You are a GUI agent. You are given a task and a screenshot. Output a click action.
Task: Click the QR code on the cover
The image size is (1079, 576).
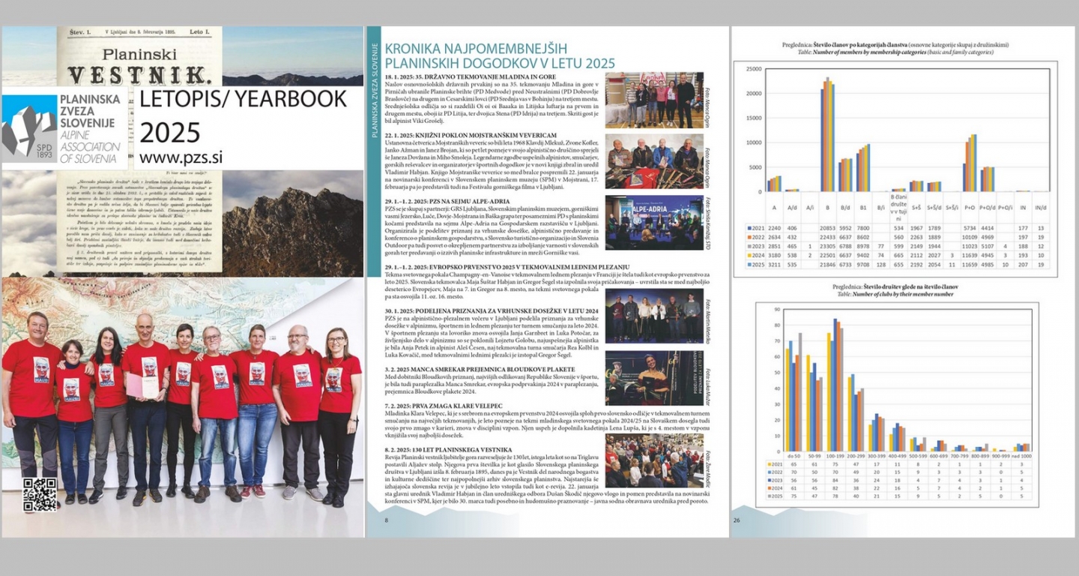[x=40, y=495]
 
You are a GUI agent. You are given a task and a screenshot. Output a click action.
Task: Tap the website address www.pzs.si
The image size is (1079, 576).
[x=181, y=157]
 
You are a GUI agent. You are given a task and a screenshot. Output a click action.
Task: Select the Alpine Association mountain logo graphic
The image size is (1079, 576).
[x=29, y=126]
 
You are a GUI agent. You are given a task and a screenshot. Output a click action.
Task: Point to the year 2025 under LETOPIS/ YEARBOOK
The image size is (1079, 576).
[x=169, y=132]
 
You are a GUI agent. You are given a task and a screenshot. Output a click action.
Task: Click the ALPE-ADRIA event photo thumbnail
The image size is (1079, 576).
[x=653, y=223]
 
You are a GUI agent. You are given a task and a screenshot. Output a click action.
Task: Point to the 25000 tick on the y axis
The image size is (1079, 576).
[x=752, y=69]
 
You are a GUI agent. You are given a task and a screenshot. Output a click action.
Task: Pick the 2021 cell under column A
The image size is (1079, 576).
[x=775, y=228]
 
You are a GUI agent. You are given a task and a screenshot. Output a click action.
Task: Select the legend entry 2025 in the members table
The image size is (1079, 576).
[x=755, y=265]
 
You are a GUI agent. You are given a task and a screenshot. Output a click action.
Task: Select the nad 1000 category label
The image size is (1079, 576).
[x=1021, y=455]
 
